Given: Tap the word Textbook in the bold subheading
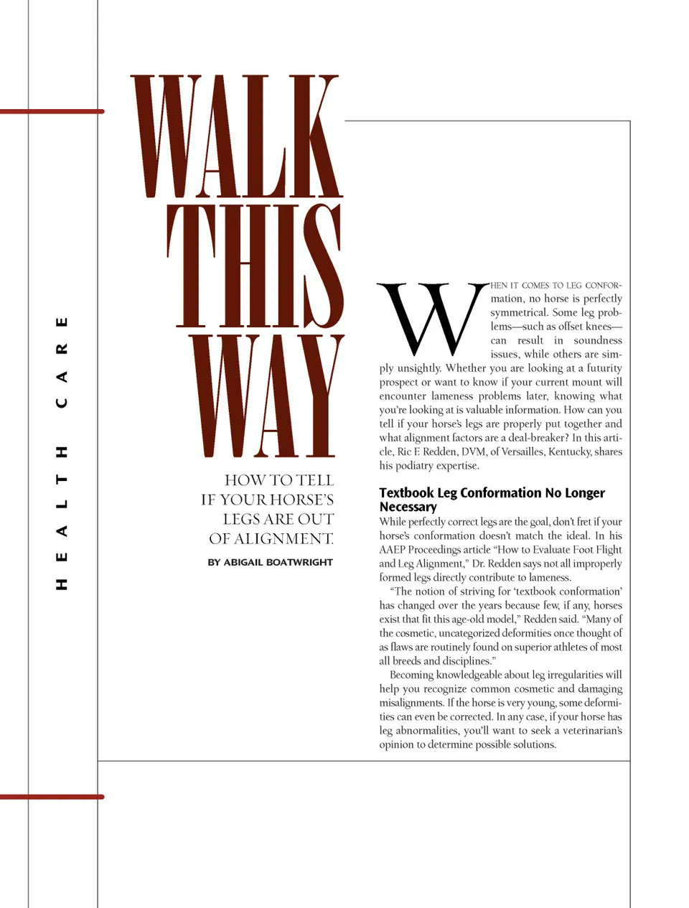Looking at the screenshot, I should point(406,493).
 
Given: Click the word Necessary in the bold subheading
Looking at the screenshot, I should point(408,507).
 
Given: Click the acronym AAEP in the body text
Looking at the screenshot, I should point(393,550).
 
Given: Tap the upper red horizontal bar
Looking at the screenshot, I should point(52,111).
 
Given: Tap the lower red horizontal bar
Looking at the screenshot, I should point(52,797).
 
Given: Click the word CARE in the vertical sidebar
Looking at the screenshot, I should point(62,362).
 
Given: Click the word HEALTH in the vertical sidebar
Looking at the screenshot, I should point(62,518).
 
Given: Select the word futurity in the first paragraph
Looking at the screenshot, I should point(604,368).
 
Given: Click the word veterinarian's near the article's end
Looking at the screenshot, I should point(591,731).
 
